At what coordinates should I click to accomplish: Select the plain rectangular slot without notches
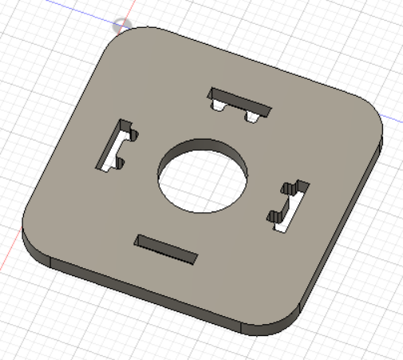point(168,250)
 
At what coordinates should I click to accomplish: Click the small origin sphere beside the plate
point(121,26)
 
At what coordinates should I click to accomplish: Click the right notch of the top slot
point(252,117)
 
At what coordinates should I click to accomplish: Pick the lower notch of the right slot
point(275,216)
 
